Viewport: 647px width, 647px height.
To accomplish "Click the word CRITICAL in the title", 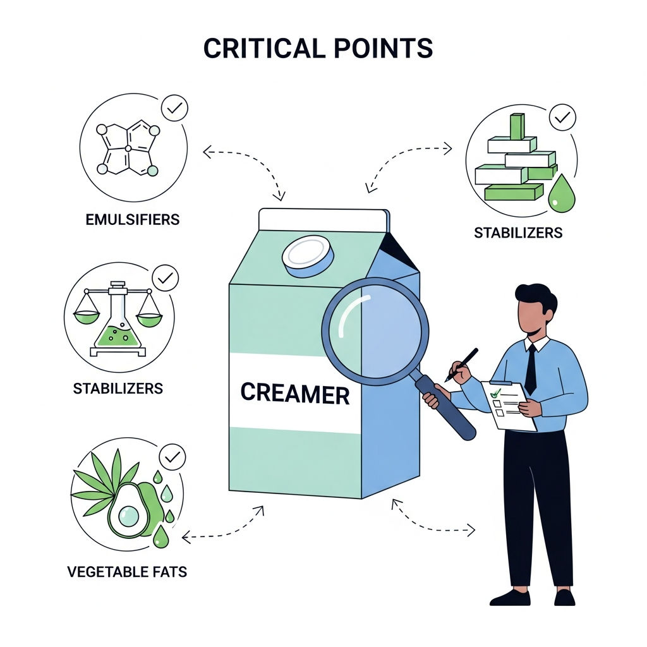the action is coord(265,48).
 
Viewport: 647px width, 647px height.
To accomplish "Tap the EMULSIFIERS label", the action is coord(133,219).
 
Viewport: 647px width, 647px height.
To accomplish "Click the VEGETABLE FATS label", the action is coord(127,572).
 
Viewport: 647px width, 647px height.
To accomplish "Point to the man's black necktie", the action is coord(531,369).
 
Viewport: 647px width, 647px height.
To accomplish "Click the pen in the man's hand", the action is coord(461,365).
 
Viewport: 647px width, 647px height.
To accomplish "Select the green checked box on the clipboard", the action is coord(495,392).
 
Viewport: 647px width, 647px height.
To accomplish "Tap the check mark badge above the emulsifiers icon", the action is coord(174,108).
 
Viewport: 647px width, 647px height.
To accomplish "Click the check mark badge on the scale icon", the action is coord(166,278).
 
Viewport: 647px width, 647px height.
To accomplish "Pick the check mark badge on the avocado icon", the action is coord(172,457).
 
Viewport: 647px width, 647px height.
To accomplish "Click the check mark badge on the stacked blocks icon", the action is coord(562,118).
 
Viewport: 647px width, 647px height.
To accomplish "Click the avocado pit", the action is coord(129,516).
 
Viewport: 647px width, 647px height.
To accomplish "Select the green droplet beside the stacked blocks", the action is coord(561,193).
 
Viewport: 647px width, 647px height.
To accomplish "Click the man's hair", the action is coord(536,296).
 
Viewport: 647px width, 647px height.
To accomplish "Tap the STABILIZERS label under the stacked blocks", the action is coord(518,233).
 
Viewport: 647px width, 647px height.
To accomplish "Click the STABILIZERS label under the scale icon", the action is coord(118,389).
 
